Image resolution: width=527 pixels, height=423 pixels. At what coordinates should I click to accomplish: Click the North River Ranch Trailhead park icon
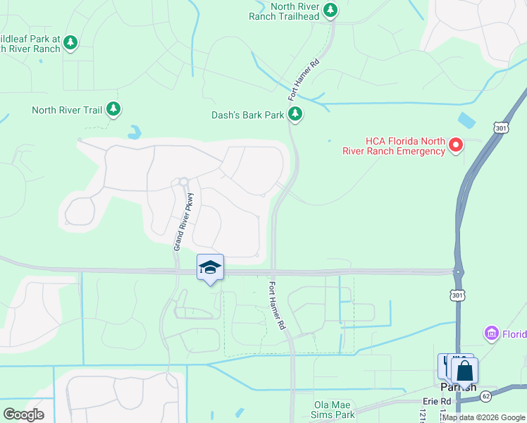point(330,11)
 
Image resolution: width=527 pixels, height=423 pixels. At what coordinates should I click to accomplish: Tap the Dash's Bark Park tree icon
point(295,114)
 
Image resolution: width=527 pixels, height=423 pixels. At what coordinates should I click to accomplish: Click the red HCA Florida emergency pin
point(456,145)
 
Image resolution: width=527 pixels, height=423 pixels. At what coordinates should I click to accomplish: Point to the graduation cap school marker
point(210,267)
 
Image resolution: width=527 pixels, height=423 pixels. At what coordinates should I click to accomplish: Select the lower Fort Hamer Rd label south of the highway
point(277,307)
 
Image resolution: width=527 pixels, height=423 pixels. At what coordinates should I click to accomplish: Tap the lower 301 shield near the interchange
point(458,294)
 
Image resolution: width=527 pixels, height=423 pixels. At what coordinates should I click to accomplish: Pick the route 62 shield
point(486,397)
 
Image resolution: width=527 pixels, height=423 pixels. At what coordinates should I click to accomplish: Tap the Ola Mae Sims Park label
point(334,410)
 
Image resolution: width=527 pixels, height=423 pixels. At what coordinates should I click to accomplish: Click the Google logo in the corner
point(23,415)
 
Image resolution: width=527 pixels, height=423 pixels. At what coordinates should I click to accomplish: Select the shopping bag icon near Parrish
point(464,370)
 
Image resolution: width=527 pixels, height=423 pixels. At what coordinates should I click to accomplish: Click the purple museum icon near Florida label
point(491,332)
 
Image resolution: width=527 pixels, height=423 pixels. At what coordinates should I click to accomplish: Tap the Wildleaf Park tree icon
point(70,43)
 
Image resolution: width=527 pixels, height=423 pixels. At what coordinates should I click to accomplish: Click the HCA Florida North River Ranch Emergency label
point(395,146)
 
